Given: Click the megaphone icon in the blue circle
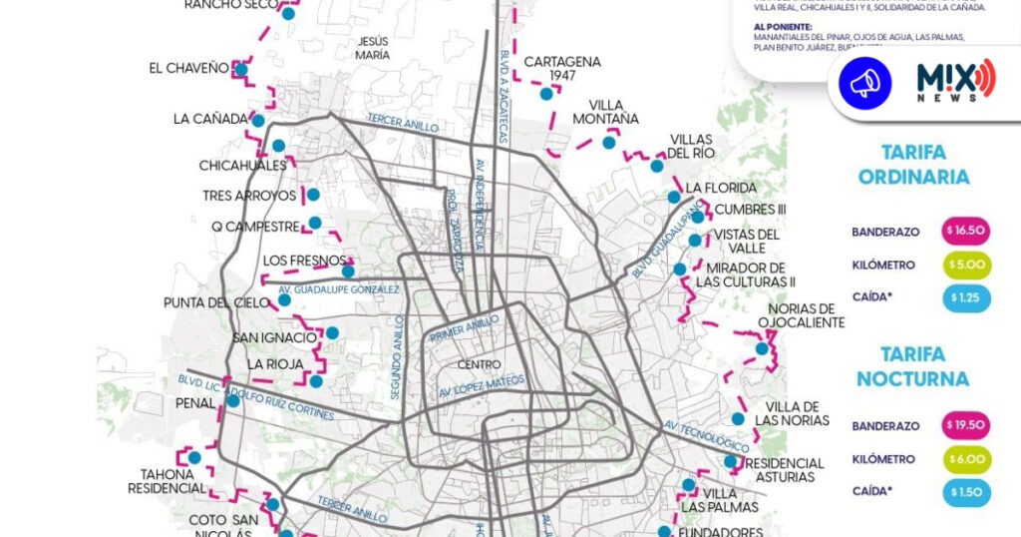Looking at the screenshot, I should coord(864,83).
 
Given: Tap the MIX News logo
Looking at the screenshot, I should coord(954,80).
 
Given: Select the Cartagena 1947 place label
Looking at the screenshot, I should coord(562,68).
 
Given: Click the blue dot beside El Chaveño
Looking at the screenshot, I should coord(240,69).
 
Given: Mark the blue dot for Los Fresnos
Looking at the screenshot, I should coord(348,270).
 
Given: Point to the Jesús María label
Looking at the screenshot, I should coord(372,48).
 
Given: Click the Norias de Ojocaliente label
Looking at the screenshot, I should coord(801,315).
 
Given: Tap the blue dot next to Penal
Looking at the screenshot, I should coord(232,400).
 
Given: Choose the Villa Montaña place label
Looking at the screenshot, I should coord(605,112).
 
